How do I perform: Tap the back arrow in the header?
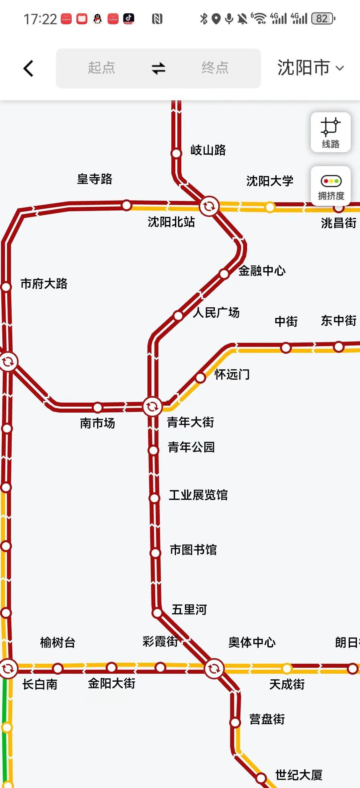pos(29,68)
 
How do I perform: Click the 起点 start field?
pos(101,68)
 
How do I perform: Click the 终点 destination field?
pos(215,68)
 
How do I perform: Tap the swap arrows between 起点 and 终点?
pos(158,68)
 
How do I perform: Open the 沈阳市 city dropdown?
pos(310,68)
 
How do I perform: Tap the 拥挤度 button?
pos(331,186)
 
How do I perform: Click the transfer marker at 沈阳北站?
pos(209,206)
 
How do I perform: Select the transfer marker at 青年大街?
pos(152,406)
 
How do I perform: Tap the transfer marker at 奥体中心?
pos(214,668)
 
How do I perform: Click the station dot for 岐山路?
pos(176,153)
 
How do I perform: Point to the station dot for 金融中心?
pos(224,274)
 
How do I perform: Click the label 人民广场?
pos(216,313)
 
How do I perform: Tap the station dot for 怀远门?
pos(200,378)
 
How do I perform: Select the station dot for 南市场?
pos(98,407)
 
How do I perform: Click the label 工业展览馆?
pos(198,495)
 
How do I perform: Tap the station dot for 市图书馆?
pos(155,553)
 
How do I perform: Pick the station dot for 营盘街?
pos(235,723)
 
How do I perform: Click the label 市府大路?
pos(44,284)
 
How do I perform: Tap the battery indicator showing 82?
pos(322,19)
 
